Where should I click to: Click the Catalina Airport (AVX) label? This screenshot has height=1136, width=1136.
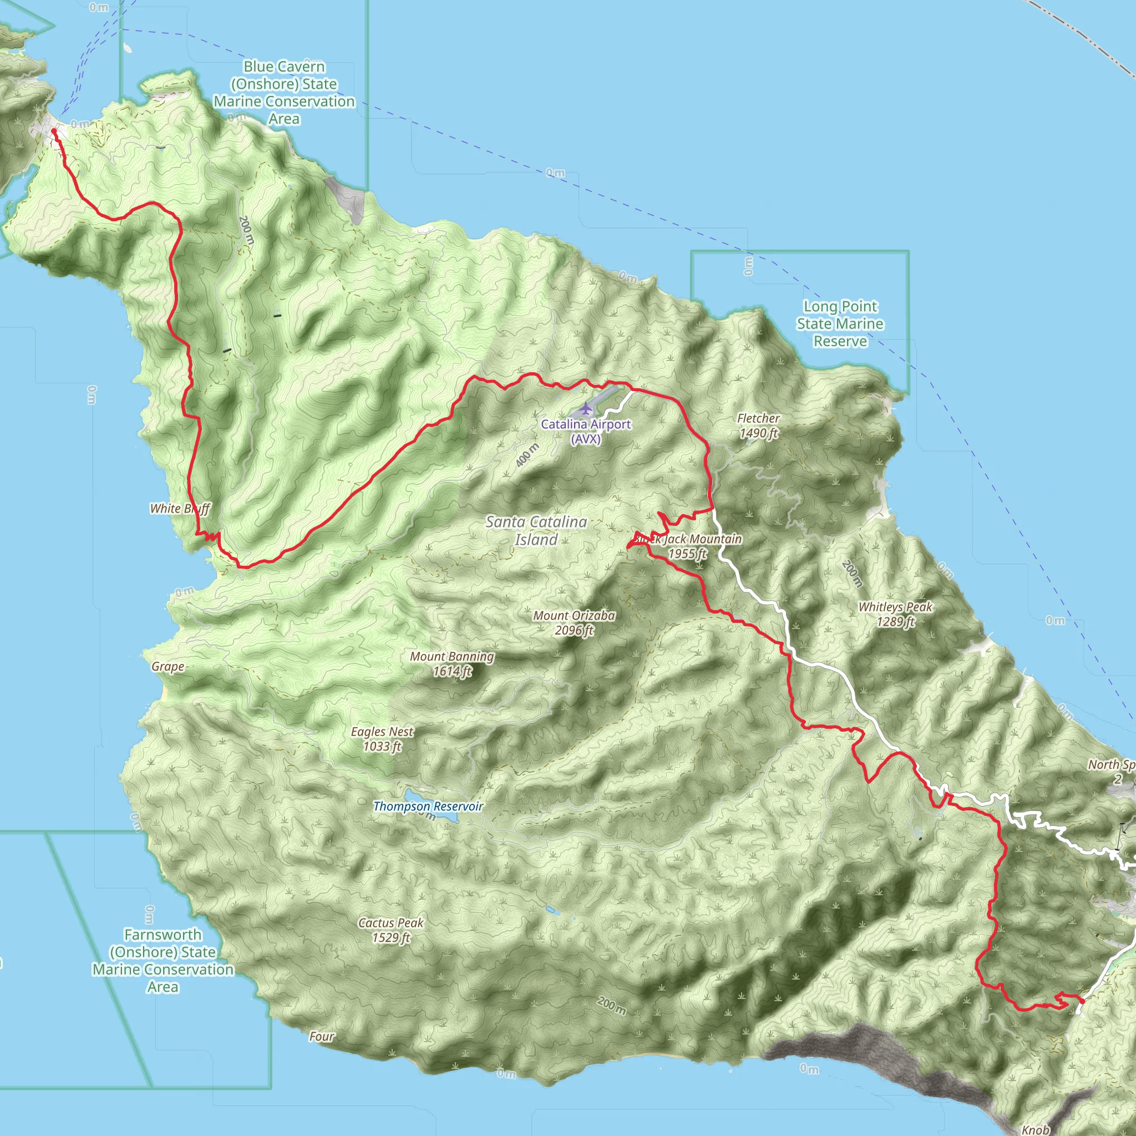click(x=586, y=432)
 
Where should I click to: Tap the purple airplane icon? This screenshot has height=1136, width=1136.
click(x=586, y=408)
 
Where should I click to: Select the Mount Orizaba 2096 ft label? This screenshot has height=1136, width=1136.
click(x=574, y=623)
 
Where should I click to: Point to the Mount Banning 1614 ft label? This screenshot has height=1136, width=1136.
click(x=452, y=664)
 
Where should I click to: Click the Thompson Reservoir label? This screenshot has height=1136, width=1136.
click(x=428, y=806)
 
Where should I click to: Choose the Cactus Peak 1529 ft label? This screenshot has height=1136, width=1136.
click(x=391, y=930)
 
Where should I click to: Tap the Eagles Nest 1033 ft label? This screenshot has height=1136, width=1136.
click(x=382, y=739)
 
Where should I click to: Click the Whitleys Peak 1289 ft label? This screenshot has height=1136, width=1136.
click(x=895, y=614)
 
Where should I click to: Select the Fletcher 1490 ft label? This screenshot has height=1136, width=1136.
click(x=758, y=425)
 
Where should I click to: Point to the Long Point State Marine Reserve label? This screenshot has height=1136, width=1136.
click(x=840, y=323)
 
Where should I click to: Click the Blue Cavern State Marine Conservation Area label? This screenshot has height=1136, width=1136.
click(x=284, y=93)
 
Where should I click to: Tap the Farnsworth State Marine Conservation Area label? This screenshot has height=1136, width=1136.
click(x=163, y=960)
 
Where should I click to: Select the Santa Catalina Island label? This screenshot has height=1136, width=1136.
click(x=536, y=530)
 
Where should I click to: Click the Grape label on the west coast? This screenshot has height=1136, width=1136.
click(x=168, y=667)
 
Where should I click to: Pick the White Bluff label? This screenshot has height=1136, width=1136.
click(x=179, y=509)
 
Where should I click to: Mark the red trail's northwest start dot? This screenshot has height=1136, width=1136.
click(x=54, y=131)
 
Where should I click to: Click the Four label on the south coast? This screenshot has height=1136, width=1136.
click(x=322, y=1037)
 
